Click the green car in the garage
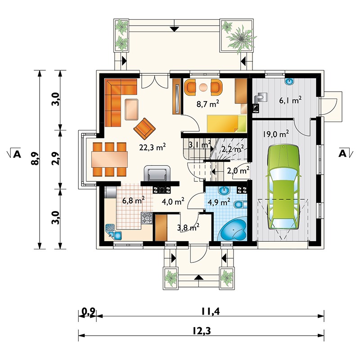[x=283, y=187]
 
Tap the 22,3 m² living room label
[x=153, y=147]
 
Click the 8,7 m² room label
[x=207, y=104]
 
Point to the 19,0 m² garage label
[x=275, y=134]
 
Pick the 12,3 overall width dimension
[x=201, y=331]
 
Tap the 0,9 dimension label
[x=88, y=311]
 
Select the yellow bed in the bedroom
[x=226, y=123]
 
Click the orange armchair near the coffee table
[x=144, y=129]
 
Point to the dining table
[x=109, y=159]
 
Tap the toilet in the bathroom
[x=241, y=204]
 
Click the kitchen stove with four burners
[x=147, y=218]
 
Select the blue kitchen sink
[x=113, y=232]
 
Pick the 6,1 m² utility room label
[x=290, y=100]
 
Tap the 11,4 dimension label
[x=211, y=311]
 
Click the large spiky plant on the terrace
[x=241, y=38]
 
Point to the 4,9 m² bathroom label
[x=219, y=202]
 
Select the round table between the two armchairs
[x=203, y=87]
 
